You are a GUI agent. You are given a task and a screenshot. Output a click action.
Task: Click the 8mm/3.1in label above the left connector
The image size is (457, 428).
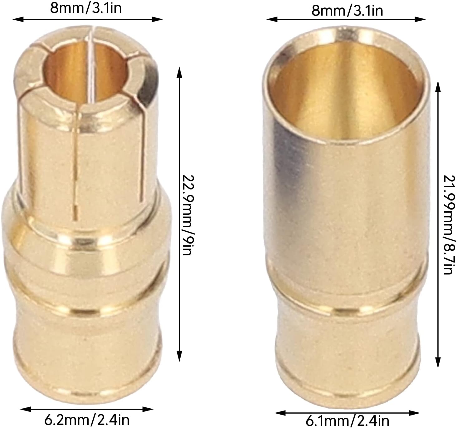86,8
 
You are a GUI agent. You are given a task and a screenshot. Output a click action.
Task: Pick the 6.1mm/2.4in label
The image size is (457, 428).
348,421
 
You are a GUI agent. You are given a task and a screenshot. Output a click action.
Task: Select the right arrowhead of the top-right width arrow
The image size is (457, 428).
420,20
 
